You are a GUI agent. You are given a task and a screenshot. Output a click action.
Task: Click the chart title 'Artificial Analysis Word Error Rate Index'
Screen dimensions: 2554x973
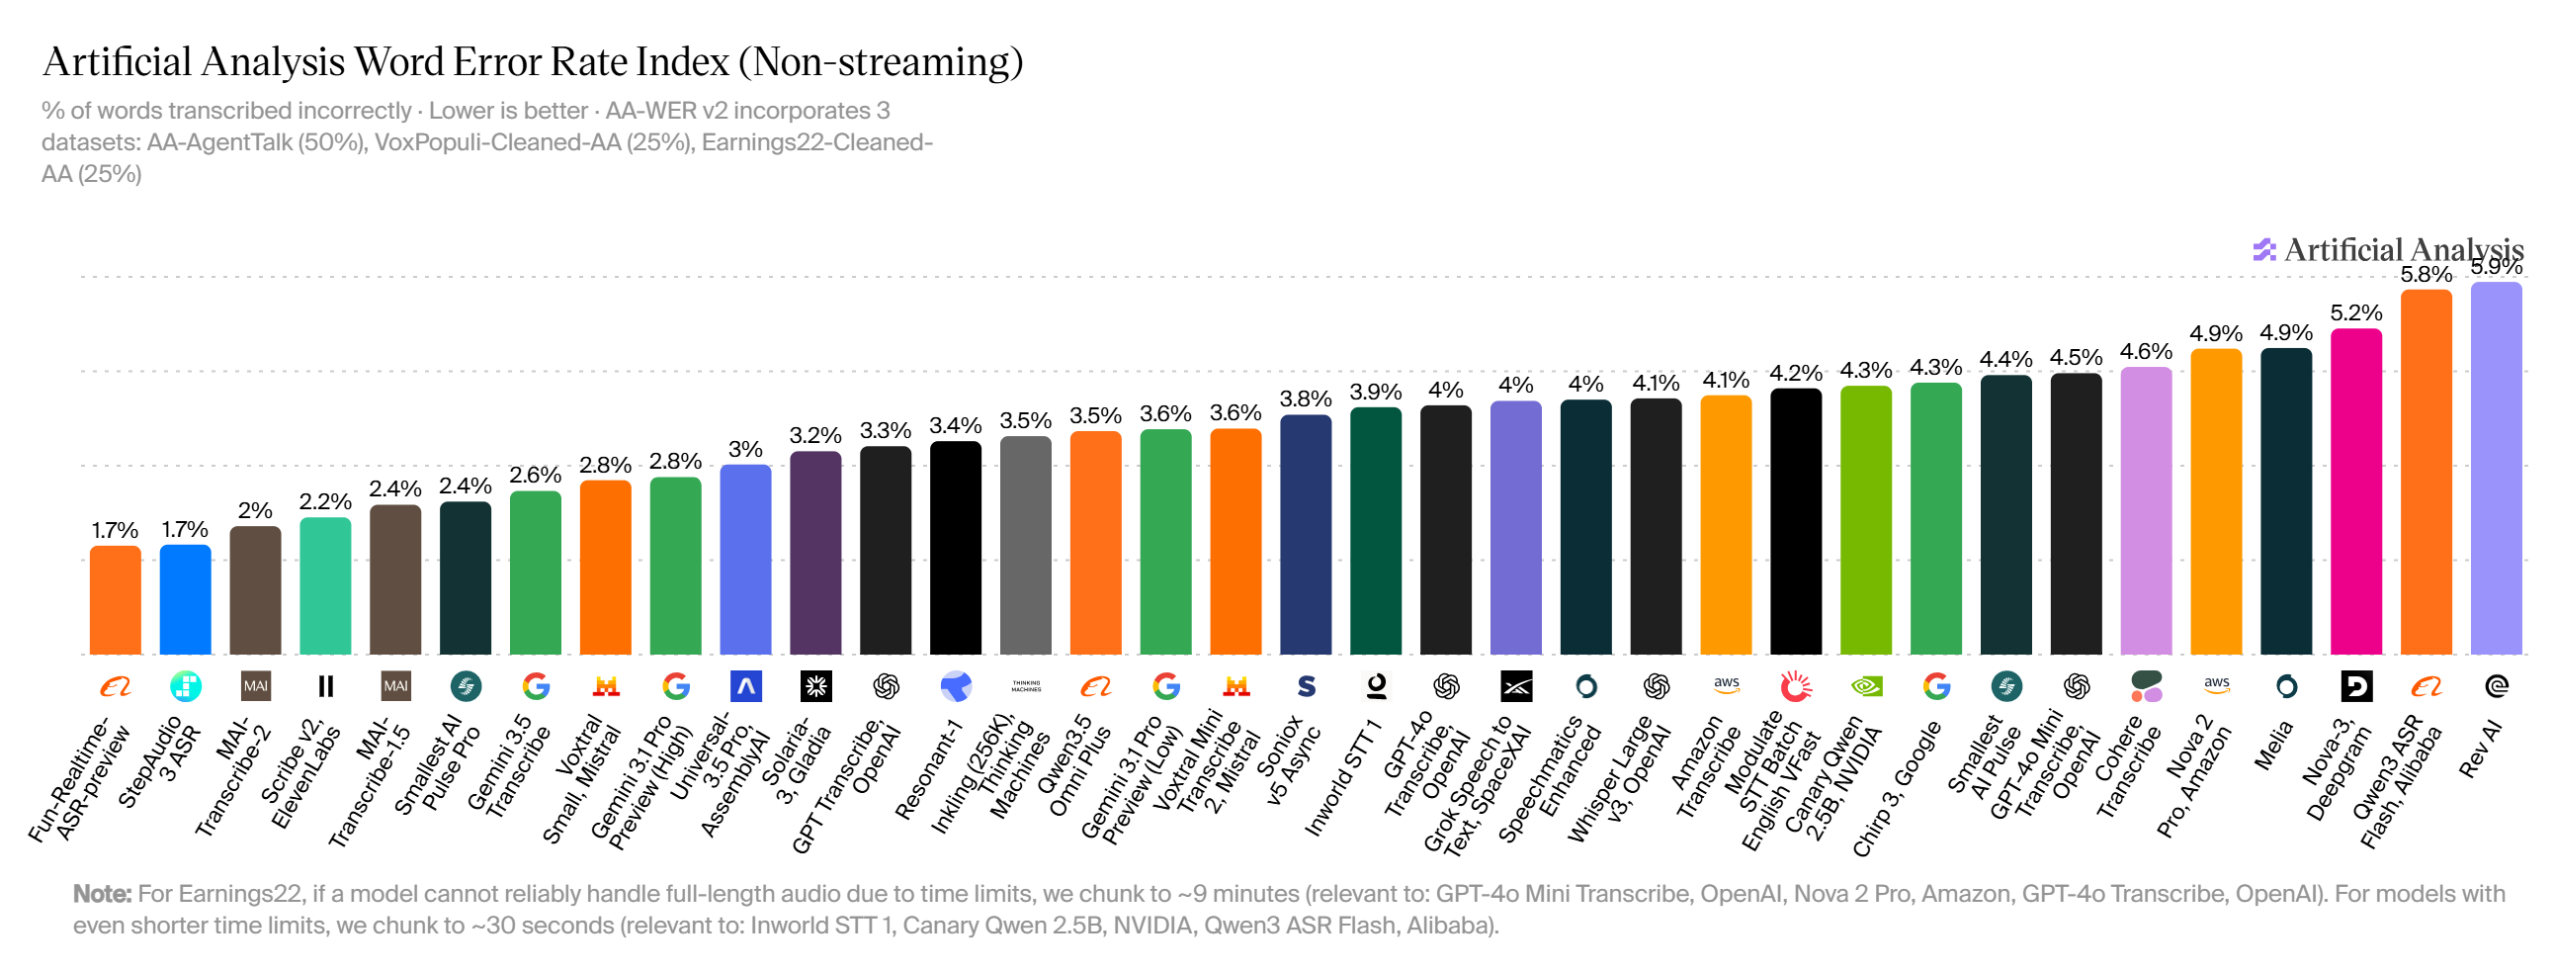385,61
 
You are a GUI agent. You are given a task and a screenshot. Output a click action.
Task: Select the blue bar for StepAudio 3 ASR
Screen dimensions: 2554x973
186,599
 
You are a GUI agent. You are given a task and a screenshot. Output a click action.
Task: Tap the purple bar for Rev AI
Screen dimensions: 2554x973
2496,468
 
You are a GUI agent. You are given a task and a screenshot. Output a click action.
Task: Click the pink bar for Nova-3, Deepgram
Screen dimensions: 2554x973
2355,491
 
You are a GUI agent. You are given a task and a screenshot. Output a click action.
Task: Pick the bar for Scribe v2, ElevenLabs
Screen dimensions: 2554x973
325,585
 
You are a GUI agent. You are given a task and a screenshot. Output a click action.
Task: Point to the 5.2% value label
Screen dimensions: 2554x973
2355,312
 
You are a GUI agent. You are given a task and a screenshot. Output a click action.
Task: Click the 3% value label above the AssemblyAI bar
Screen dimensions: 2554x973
745,449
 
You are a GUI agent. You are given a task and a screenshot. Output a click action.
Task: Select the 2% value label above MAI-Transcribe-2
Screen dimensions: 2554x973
255,510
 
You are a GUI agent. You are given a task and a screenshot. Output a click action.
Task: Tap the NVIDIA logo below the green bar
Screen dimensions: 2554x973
1867,685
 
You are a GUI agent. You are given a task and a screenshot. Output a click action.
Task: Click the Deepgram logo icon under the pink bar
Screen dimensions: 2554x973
2356,685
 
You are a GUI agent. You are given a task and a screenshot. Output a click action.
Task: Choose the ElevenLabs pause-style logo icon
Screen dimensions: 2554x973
325,685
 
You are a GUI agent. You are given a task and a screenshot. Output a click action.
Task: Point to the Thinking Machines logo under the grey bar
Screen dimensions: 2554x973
1026,685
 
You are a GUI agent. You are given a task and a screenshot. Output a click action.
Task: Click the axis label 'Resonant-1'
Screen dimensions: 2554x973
929,770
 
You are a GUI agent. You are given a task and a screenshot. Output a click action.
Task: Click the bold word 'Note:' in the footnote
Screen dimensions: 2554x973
102,894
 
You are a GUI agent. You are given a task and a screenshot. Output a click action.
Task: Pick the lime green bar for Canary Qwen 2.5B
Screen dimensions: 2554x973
1866,520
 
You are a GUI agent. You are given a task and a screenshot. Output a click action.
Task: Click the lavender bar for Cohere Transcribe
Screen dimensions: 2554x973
2146,511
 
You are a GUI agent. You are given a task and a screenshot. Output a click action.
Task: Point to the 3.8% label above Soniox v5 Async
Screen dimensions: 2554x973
1305,398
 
